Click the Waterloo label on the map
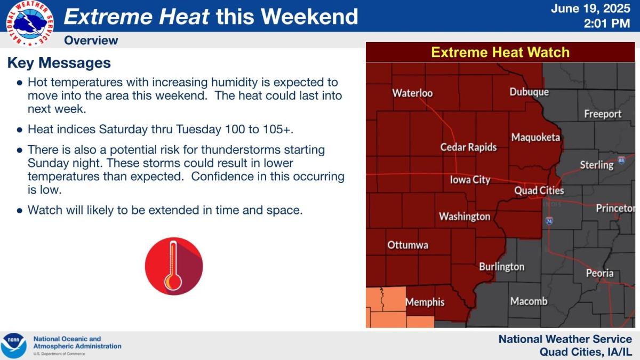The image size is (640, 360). (412, 93)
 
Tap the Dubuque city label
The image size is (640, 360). (529, 92)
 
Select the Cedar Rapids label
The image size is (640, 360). (468, 147)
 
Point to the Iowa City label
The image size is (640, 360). (470, 180)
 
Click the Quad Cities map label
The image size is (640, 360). (539, 190)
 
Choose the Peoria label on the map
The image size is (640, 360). (599, 273)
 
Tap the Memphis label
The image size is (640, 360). (425, 302)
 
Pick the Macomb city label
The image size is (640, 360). (529, 301)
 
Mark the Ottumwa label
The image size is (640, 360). (407, 245)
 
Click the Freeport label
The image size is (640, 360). (603, 114)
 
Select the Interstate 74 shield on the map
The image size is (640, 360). (549, 221)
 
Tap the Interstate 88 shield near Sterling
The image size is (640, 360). (621, 160)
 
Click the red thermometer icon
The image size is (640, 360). (174, 266)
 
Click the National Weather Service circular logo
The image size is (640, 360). (30, 23)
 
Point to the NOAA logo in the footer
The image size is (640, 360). (13, 346)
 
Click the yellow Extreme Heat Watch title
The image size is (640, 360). (500, 52)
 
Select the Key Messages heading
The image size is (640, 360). (59, 63)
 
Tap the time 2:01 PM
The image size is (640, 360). (607, 23)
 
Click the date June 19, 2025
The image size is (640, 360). (590, 9)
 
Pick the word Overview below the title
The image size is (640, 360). (91, 41)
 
